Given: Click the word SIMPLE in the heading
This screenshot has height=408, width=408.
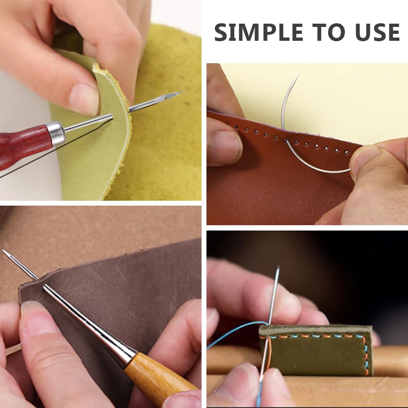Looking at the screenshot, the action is [259, 32].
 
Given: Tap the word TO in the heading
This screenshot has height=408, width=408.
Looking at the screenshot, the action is [330, 32].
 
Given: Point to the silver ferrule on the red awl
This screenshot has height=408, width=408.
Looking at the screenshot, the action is [55, 133].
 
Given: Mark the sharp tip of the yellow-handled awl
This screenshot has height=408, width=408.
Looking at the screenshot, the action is [3, 251].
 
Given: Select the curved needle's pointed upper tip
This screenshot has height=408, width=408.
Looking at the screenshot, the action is [299, 74].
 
